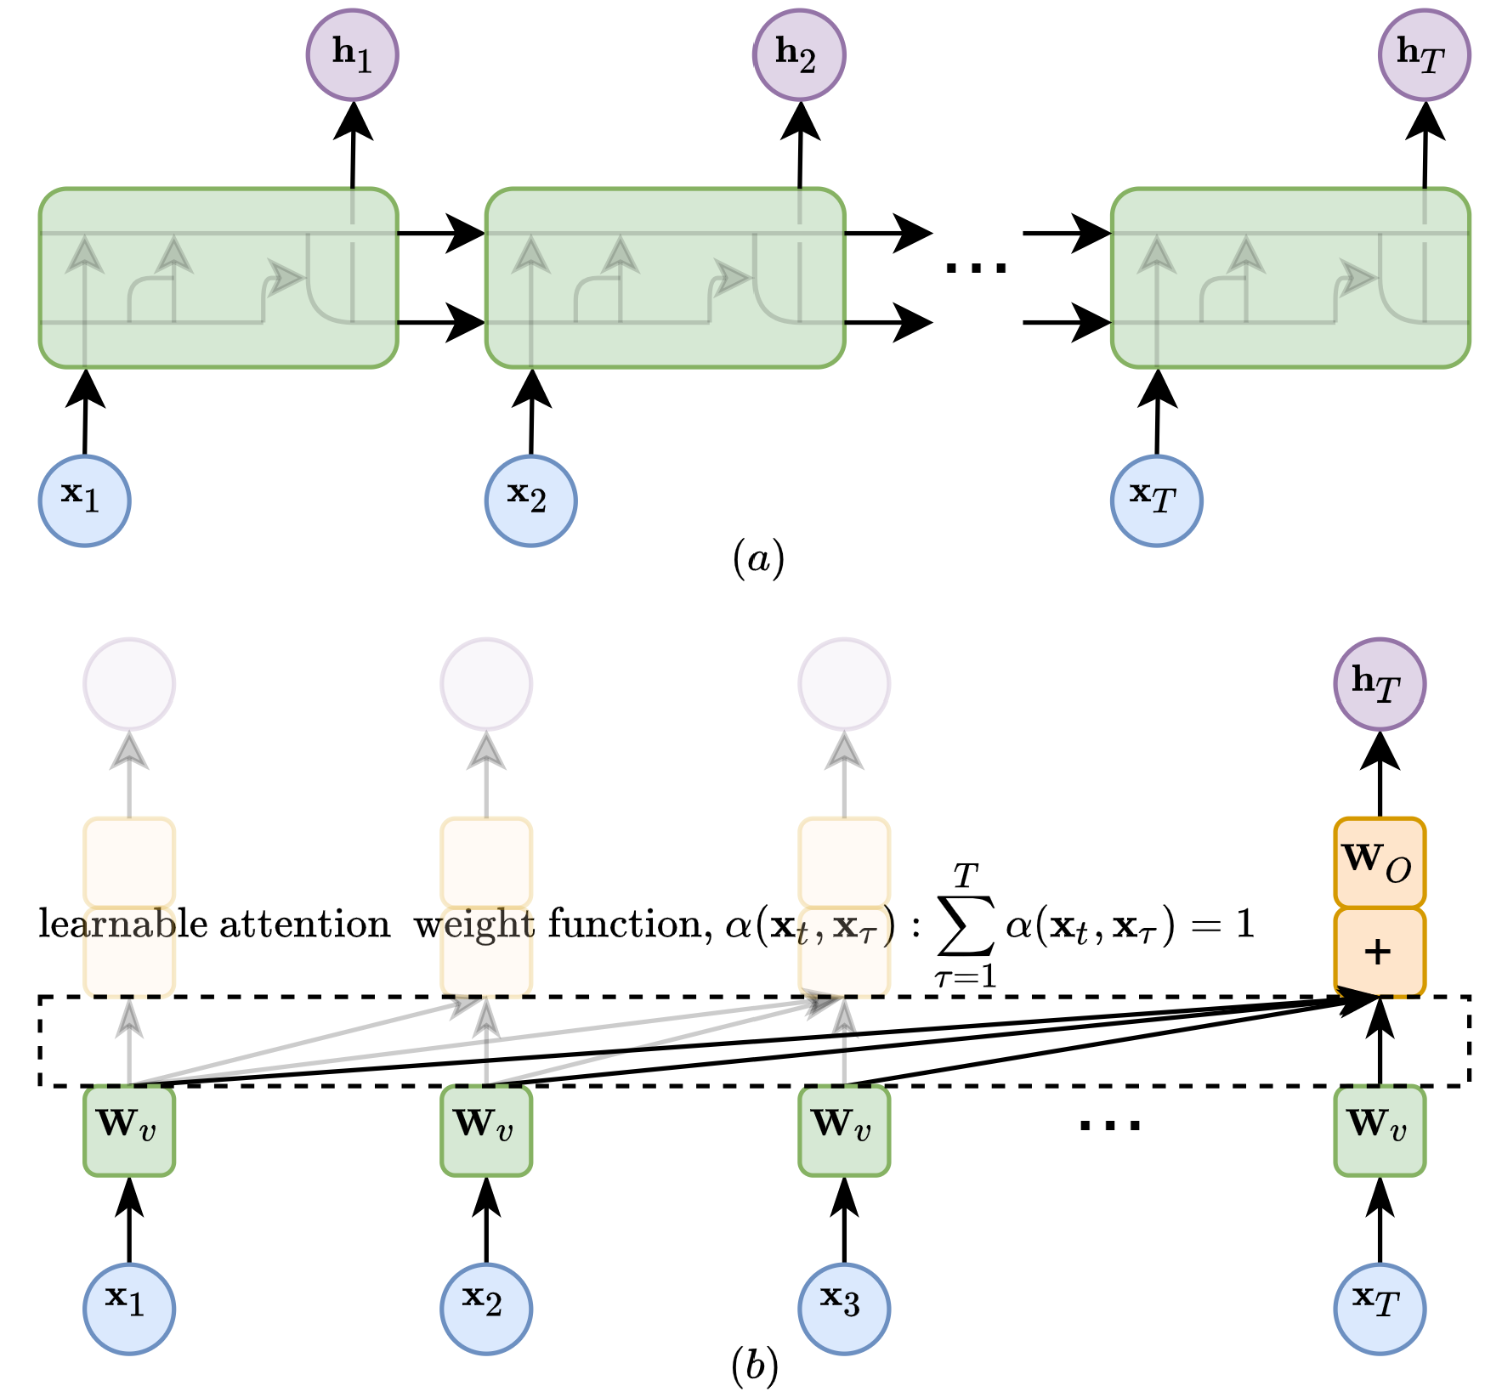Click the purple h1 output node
point(352,55)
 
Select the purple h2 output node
point(799,55)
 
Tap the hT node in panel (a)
point(1424,55)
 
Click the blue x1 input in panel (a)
point(84,501)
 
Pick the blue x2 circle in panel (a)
point(530,501)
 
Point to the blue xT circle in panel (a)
point(1156,501)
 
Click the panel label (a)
point(757,560)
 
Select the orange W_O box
point(1379,863)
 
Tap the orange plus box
point(1379,952)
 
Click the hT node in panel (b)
point(1379,684)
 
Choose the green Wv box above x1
point(129,1130)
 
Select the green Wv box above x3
point(844,1130)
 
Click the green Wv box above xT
point(1379,1130)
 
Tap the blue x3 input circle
point(844,1308)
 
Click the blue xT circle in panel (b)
point(1379,1308)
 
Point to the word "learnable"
point(122,924)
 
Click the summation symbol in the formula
point(966,925)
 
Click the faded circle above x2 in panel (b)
point(486,684)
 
